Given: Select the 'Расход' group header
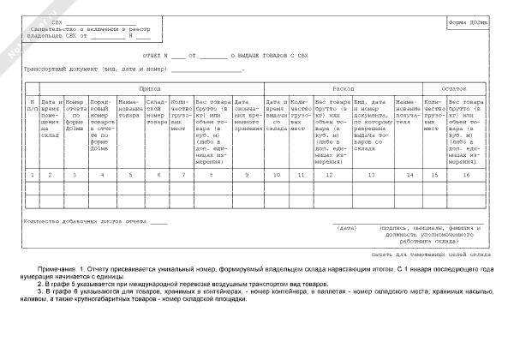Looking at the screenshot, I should pos(343,88).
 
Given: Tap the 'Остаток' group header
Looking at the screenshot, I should pos(454,88).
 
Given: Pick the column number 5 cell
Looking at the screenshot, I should pos(130,176).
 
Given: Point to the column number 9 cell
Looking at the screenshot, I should pos(247,176).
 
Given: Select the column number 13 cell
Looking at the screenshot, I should pos(372,176).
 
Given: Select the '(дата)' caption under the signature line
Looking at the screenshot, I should pos(347,228).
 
